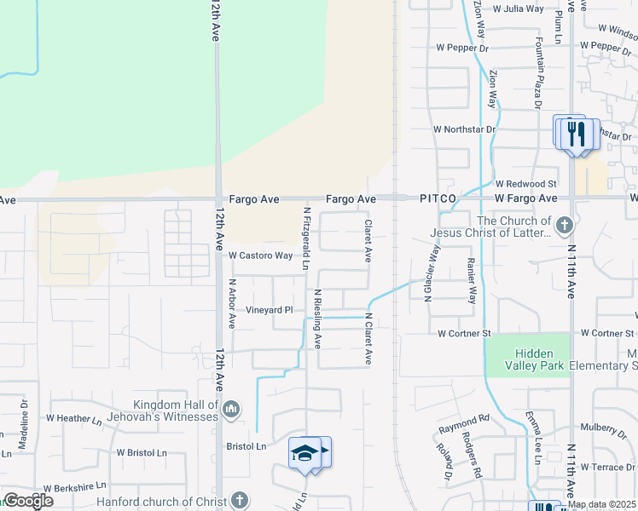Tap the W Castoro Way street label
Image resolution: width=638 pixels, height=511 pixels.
tap(260, 255)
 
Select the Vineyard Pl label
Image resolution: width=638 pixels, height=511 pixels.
tap(270, 310)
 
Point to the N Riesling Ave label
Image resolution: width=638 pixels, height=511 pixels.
tap(318, 319)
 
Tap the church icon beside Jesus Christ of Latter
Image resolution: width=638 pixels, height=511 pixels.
tap(563, 227)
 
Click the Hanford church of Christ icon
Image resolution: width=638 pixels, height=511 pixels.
tap(241, 500)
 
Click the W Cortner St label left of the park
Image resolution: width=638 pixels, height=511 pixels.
tap(465, 334)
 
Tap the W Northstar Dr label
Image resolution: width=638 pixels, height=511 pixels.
tap(464, 129)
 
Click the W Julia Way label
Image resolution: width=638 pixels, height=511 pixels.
tap(513, 9)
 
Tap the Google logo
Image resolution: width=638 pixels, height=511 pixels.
tap(27, 501)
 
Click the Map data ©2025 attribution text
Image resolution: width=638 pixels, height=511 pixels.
tap(600, 504)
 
